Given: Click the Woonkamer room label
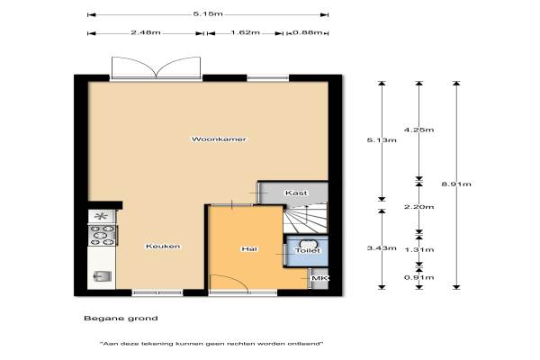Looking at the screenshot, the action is (x=219, y=139).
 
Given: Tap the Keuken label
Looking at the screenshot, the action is (x=163, y=246).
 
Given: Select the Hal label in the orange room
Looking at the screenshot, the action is (x=249, y=248).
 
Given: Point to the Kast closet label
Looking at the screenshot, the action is (x=296, y=193).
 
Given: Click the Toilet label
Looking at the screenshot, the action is (x=308, y=250).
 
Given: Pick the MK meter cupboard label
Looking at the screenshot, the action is (x=320, y=278).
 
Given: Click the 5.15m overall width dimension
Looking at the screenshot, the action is (x=208, y=14).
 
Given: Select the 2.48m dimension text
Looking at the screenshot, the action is (x=146, y=32).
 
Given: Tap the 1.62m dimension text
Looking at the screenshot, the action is (x=245, y=32).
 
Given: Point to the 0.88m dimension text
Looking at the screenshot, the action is (x=308, y=32).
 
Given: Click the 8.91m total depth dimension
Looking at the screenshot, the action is (x=456, y=184).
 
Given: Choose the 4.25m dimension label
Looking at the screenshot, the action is (x=418, y=130).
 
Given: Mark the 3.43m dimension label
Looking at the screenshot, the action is (x=382, y=248).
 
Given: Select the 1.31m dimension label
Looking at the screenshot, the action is (x=418, y=250).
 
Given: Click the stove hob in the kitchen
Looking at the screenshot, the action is (x=102, y=236).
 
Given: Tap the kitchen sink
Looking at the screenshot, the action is (x=103, y=276).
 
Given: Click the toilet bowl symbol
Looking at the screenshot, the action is (x=308, y=244).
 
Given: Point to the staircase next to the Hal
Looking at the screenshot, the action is (x=305, y=219).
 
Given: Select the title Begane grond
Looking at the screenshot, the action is (x=121, y=319).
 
